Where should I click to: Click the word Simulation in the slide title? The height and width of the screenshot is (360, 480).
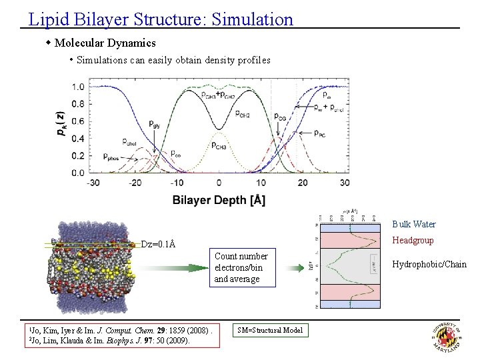click(252, 19)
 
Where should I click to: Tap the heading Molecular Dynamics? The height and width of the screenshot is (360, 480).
click(105, 43)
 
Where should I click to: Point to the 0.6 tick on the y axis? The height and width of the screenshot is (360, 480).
click(79, 121)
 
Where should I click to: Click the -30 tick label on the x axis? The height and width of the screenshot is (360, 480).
click(93, 183)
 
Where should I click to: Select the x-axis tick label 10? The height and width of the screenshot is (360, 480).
click(261, 183)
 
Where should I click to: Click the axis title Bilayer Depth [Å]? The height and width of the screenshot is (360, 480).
click(219, 200)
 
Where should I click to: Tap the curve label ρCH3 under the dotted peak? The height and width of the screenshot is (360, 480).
click(221, 145)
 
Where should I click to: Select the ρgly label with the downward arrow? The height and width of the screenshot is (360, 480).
click(155, 124)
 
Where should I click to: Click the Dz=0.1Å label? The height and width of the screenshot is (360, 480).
click(158, 244)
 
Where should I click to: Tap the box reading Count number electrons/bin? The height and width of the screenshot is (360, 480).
click(241, 267)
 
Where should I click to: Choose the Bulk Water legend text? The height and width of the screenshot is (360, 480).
click(413, 224)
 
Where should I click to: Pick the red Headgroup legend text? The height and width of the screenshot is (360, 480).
click(413, 241)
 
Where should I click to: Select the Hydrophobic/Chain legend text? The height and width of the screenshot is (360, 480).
click(429, 265)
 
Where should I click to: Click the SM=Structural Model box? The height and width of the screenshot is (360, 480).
click(269, 330)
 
